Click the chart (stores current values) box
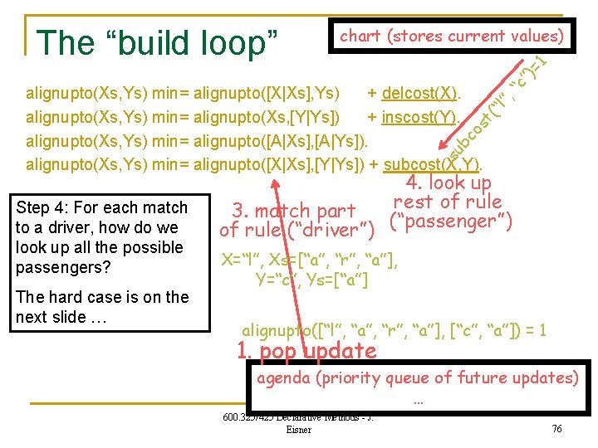453,36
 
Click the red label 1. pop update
306,351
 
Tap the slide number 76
556,427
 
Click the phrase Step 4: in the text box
44,207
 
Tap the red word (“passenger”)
450,222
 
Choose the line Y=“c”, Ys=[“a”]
311,281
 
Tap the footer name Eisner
298,430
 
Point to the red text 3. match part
293,211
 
